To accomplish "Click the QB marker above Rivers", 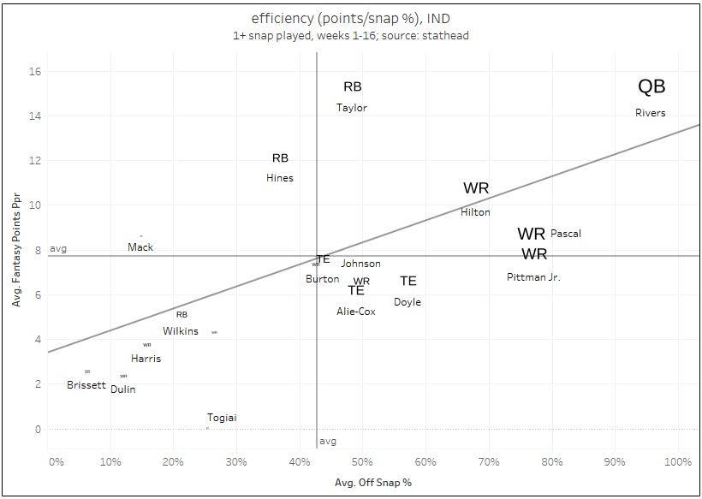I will [651, 86].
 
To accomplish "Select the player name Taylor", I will [352, 108].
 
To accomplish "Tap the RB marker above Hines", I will [281, 158].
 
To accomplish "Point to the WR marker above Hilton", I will [476, 188].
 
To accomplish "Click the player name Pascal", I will [566, 233].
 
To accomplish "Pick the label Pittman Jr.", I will [533, 277].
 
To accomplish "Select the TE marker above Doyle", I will [408, 281].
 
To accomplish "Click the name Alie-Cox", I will [356, 312].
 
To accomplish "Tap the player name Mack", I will [140, 247].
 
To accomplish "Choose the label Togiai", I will [222, 418].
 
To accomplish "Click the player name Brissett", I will [86, 385].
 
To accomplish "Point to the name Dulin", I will [122, 389].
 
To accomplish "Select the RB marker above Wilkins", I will [181, 315].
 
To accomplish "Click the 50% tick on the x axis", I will [362, 462].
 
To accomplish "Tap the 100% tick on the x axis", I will [677, 462].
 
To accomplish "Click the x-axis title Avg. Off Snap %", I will [373, 483].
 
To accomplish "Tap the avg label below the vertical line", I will [328, 442].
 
